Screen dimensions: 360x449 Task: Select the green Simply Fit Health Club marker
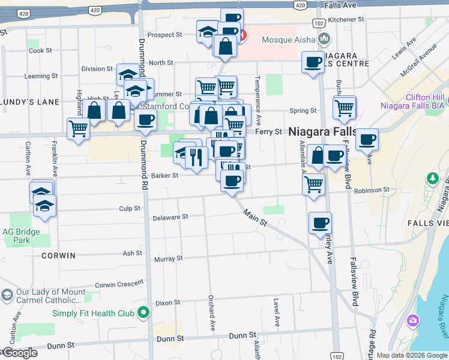pos(143,313)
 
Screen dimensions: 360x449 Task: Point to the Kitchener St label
pos(347,19)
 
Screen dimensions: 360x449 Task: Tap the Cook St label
pos(40,50)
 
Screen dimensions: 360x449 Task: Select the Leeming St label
pos(41,76)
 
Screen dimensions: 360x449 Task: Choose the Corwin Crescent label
pos(119,284)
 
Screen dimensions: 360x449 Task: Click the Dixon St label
pos(168,304)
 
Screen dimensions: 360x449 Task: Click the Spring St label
pos(303,110)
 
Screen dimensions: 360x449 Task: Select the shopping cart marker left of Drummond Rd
pos(79,128)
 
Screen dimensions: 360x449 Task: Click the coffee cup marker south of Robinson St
pos(320,223)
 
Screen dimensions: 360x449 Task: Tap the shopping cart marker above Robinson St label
pos(313,185)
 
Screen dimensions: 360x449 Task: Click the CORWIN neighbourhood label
pos(59,256)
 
